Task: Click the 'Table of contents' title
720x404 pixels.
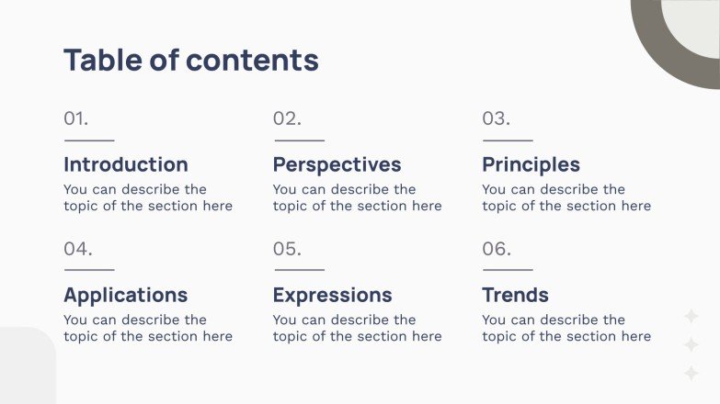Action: point(190,60)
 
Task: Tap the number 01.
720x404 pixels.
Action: point(76,118)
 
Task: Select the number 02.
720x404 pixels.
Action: point(287,118)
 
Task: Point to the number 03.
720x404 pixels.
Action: point(496,118)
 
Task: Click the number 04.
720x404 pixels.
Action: point(78,249)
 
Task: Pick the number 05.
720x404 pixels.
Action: point(287,249)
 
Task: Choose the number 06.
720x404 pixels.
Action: point(497,249)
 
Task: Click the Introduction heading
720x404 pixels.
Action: point(125,164)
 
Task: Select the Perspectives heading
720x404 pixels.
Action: point(337,164)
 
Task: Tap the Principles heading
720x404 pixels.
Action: point(531,164)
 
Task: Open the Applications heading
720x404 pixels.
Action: point(125,295)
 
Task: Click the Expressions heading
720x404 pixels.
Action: point(332,295)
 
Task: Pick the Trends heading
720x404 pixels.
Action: point(515,295)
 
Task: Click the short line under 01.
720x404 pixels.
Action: point(89,140)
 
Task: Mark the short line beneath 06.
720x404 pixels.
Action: point(508,270)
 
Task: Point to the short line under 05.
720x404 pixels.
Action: point(299,270)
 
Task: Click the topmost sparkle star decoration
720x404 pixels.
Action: point(691,317)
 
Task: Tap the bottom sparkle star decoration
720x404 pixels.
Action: point(691,373)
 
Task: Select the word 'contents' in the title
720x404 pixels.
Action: point(252,60)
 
